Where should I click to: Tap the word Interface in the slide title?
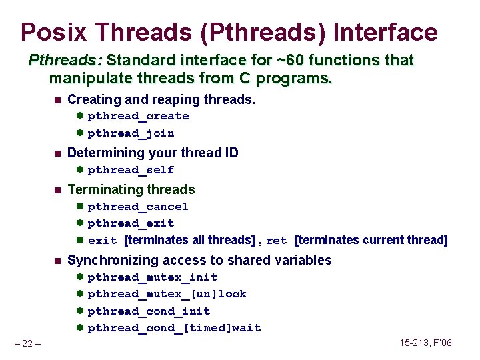point(385,32)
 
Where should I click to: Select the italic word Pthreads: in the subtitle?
point(65,61)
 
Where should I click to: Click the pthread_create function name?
point(138,116)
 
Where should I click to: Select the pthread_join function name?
point(131,133)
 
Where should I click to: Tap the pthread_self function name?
point(131,170)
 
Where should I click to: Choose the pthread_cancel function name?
point(138,207)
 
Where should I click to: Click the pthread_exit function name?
point(131,223)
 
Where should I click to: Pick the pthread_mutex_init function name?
point(153,277)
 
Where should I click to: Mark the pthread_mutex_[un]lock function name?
point(167,294)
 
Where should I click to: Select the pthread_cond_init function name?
point(149,311)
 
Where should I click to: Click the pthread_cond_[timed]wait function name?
point(174,328)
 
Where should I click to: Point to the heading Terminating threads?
point(131,190)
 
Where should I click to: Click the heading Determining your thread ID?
point(153,153)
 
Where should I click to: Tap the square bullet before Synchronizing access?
point(57,261)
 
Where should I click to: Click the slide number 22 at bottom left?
point(27,343)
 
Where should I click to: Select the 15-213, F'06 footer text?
point(425,343)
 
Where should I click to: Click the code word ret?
point(276,241)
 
